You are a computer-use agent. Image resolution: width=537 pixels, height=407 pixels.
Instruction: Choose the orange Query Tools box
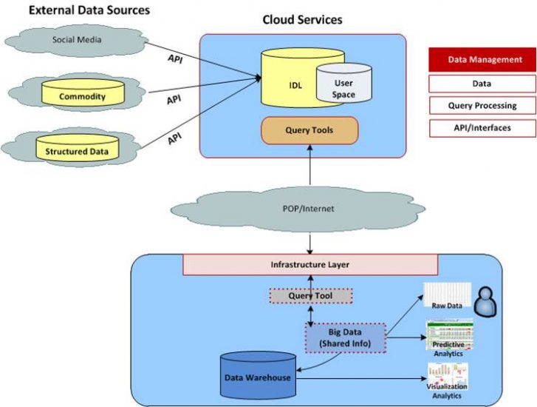pyautogui.click(x=309, y=130)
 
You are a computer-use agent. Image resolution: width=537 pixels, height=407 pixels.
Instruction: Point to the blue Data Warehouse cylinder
pyautogui.click(x=259, y=377)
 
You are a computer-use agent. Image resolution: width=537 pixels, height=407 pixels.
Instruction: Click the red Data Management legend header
pyautogui.click(x=482, y=60)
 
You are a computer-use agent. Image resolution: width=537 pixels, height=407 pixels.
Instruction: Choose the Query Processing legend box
pyautogui.click(x=482, y=105)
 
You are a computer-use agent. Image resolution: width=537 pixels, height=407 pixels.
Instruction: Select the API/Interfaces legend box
pyautogui.click(x=482, y=127)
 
